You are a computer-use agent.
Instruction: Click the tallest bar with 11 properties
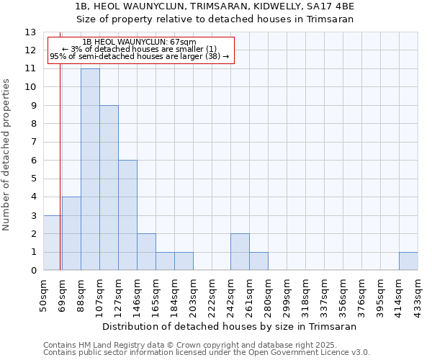90,169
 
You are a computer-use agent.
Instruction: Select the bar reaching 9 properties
109,188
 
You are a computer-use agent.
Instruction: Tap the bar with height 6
127,215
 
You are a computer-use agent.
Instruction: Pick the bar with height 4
71,234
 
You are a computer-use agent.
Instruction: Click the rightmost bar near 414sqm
408,261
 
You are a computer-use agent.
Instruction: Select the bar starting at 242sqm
240,252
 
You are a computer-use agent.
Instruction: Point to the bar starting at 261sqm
258,261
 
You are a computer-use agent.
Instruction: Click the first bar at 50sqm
52,243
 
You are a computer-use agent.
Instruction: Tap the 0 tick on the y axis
33,271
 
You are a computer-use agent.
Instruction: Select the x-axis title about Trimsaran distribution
230,326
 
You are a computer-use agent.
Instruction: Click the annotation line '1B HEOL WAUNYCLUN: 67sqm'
139,42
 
